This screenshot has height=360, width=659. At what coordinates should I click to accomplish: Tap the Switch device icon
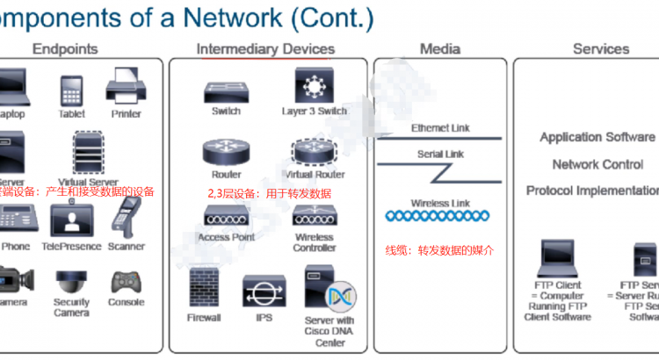pos(226,91)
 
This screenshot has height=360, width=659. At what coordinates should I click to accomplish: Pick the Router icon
pos(226,152)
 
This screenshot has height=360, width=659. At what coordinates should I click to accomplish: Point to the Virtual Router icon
pos(314,152)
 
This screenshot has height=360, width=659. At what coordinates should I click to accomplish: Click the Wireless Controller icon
pos(314,215)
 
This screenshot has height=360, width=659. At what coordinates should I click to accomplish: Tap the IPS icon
pos(264,291)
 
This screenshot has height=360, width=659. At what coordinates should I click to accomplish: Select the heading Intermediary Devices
pos(265,50)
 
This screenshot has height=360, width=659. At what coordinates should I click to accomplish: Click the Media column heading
pos(440,50)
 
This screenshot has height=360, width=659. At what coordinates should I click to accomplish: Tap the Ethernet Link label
pos(440,128)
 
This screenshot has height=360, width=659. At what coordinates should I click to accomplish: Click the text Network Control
pos(597,164)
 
